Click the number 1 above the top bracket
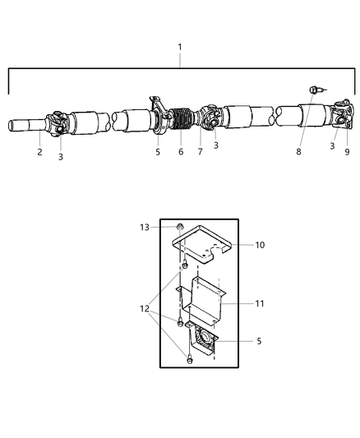point(181,48)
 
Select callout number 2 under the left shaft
point(39,152)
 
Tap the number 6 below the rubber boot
point(181,152)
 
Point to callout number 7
point(199,152)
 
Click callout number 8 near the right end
point(300,152)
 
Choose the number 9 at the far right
point(346,152)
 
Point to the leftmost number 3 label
point(60,157)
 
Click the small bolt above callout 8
point(315,90)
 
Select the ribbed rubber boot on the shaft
point(178,128)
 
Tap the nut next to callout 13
point(178,228)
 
